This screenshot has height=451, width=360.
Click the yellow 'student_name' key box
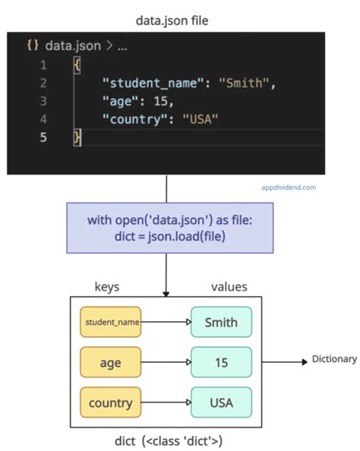coord(111,322)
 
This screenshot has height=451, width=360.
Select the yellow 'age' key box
coord(111,362)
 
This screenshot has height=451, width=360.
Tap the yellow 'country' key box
coord(111,402)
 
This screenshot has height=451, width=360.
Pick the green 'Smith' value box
coord(221,322)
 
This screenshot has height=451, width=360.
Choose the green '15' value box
coord(221,362)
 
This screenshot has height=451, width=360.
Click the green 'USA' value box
coord(221,402)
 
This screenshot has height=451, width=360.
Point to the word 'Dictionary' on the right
coord(334,359)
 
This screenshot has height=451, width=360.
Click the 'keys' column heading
coord(106,288)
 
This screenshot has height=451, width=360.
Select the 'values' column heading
coord(229,288)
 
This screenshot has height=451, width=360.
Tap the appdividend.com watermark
coord(289,187)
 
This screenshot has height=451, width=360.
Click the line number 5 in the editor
coord(43,137)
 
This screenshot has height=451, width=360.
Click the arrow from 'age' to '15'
coord(166,362)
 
